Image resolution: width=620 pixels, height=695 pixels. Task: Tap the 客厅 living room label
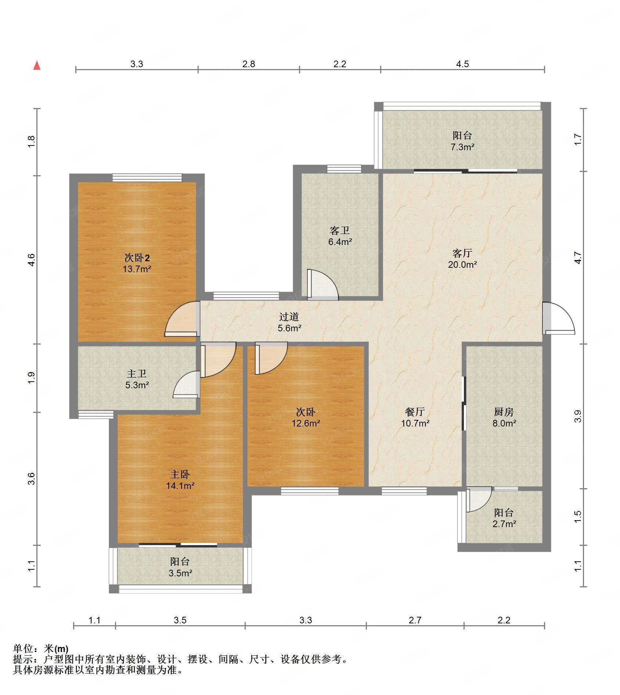coord(462,253)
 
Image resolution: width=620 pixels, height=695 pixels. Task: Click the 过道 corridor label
coord(289,316)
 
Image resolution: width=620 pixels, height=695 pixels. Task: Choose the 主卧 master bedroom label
coord(180,474)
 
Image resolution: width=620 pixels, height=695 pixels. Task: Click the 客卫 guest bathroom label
coord(340,230)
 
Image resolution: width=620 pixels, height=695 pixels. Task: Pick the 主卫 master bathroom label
coord(137,374)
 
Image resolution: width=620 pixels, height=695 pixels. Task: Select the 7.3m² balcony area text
coord(462,147)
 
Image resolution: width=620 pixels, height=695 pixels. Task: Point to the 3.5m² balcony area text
coord(180,573)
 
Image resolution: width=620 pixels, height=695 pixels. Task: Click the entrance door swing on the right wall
coord(559,318)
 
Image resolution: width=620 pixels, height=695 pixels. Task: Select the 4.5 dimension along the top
coord(462,64)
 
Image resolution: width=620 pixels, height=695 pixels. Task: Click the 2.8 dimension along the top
coord(249,64)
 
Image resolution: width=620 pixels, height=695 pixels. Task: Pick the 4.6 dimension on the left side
coord(32,260)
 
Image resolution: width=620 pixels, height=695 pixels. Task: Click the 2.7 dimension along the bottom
coord(415,620)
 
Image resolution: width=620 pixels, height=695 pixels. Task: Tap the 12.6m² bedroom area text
coord(306,423)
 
